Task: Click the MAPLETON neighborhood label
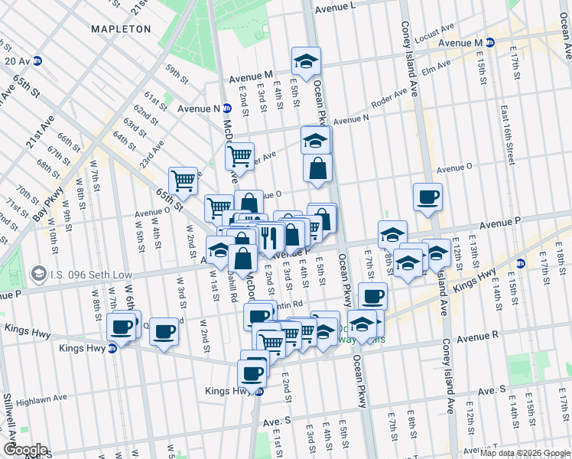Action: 121,29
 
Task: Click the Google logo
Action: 24,450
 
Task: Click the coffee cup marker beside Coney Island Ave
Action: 427,197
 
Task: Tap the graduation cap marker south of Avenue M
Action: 306,62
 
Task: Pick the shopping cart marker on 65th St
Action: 184,182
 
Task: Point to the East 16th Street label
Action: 508,135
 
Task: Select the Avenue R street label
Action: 479,335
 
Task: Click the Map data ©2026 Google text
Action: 525,453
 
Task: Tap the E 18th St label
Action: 561,253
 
